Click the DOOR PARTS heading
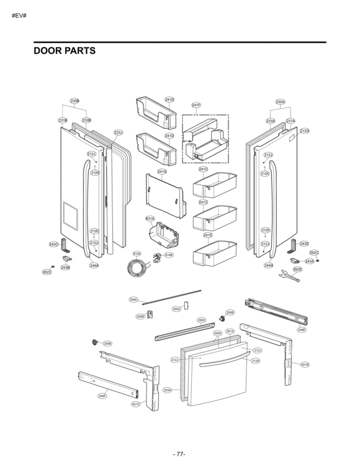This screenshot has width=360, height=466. tap(65, 51)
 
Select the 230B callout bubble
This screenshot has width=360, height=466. tap(74, 101)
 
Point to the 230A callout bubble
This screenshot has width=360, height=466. tap(281, 101)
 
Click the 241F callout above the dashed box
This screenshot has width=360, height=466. tap(196, 105)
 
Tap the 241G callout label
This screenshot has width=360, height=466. tap(161, 171)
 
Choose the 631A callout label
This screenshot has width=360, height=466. tap(150, 219)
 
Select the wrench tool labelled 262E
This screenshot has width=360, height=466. tap(289, 275)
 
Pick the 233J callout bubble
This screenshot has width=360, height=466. tap(119, 132)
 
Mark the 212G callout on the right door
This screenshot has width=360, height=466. tap(304, 131)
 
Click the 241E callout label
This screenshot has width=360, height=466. tap(208, 235)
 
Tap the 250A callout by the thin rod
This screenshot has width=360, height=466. tap(133, 299)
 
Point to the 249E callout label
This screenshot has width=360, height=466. tap(302, 330)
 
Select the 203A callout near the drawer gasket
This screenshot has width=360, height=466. tap(167, 390)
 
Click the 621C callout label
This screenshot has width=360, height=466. tap(135, 404)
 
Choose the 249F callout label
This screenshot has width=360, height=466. tap(101, 396)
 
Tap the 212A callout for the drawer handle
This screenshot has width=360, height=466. tap(256, 360)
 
